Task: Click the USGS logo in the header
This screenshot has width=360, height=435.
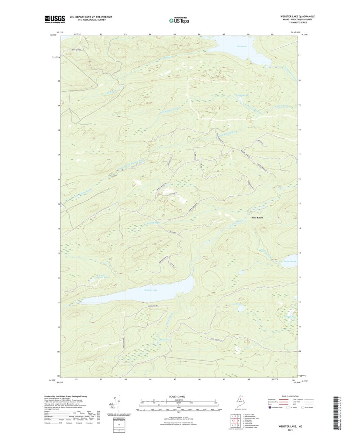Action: (x=55, y=19)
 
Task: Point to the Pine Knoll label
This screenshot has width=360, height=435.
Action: (x=257, y=217)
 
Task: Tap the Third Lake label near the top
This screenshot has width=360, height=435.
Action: (x=230, y=45)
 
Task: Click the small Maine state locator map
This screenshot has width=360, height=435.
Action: (x=239, y=402)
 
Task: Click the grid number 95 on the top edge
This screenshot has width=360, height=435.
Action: (x=174, y=34)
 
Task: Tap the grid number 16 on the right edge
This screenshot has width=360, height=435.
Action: (x=299, y=179)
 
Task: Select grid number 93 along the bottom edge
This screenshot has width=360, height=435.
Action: (x=125, y=379)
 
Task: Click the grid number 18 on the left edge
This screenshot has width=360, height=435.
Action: (x=59, y=130)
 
